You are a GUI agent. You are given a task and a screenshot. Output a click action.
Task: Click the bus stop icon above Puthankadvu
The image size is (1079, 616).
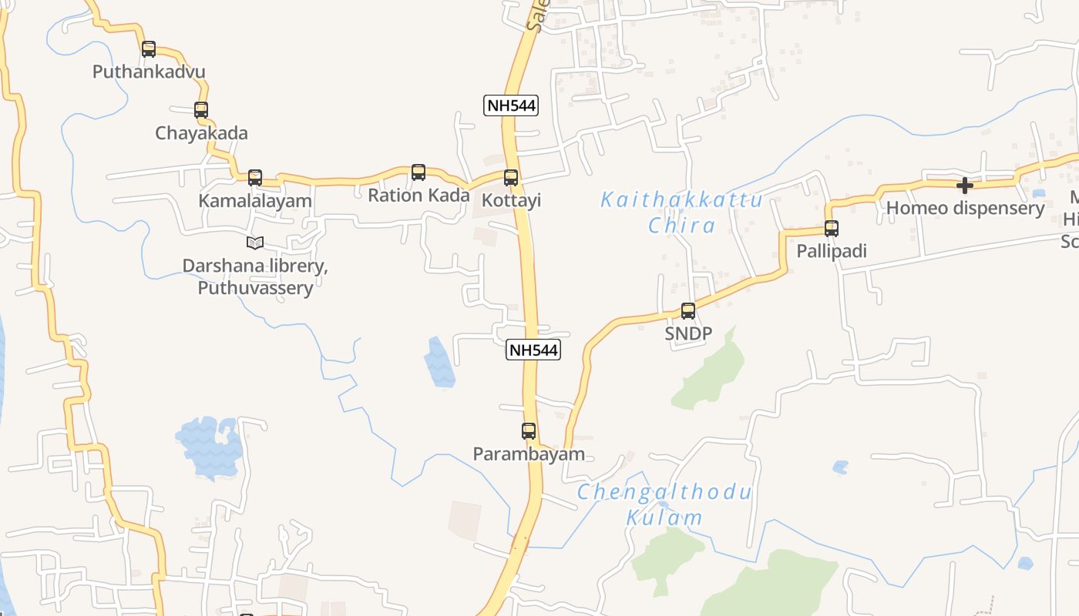coord(149,49)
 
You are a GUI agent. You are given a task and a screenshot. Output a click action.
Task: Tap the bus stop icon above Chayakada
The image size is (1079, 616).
coord(201,110)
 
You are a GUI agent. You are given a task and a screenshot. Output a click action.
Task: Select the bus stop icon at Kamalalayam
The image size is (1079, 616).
coord(255,178)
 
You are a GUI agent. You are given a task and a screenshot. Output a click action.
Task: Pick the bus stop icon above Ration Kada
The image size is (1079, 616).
coord(418,172)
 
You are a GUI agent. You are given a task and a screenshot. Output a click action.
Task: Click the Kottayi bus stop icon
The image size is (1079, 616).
coord(511,178)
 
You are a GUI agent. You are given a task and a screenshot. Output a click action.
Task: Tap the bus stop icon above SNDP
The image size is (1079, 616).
coord(688,311)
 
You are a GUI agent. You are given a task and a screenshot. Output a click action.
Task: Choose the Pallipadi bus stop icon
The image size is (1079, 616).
coord(832,229)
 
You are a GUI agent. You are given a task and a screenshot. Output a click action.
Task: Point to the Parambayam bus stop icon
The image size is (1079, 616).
coord(529,431)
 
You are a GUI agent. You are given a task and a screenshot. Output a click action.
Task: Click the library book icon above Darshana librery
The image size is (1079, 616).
coord(255,243)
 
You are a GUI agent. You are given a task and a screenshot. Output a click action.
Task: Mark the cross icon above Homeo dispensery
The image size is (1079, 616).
coord(964,186)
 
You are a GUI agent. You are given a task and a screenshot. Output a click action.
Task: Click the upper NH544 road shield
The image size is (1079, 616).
coord(511,105)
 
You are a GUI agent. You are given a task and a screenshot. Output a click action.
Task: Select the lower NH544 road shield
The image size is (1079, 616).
coord(533,350)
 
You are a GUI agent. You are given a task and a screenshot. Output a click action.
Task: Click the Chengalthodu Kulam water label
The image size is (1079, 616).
coord(664,504)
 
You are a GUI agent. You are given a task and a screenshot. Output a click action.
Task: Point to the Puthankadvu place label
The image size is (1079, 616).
coord(149,72)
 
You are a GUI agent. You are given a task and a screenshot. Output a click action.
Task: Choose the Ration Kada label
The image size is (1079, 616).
coord(418,196)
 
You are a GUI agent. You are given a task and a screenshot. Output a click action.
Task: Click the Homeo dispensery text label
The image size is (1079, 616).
coord(965,208)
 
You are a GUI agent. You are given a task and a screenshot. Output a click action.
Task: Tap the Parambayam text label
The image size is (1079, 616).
coord(529,454)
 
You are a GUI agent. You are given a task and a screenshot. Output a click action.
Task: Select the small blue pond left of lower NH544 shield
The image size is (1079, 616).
coord(439,362)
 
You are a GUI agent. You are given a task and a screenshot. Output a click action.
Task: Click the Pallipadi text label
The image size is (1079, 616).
coord(832,252)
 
